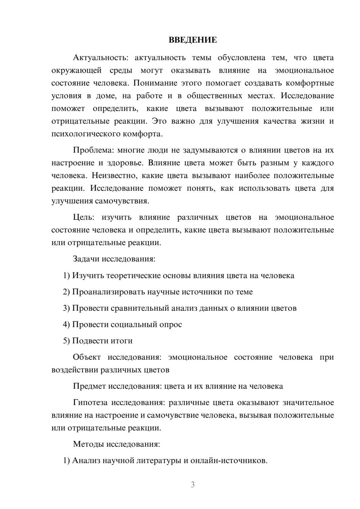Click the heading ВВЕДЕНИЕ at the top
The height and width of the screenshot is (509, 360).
tap(193, 40)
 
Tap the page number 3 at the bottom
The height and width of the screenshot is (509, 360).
tap(193, 485)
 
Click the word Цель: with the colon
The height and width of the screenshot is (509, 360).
tap(84, 217)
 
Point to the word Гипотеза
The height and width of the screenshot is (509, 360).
tap(90, 402)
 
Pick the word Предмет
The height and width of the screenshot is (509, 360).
tap(89, 386)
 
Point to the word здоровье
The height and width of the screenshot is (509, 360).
tap(126, 163)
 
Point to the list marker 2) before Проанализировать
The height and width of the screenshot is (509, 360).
tap(66, 292)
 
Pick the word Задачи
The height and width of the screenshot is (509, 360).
tap(86, 259)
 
